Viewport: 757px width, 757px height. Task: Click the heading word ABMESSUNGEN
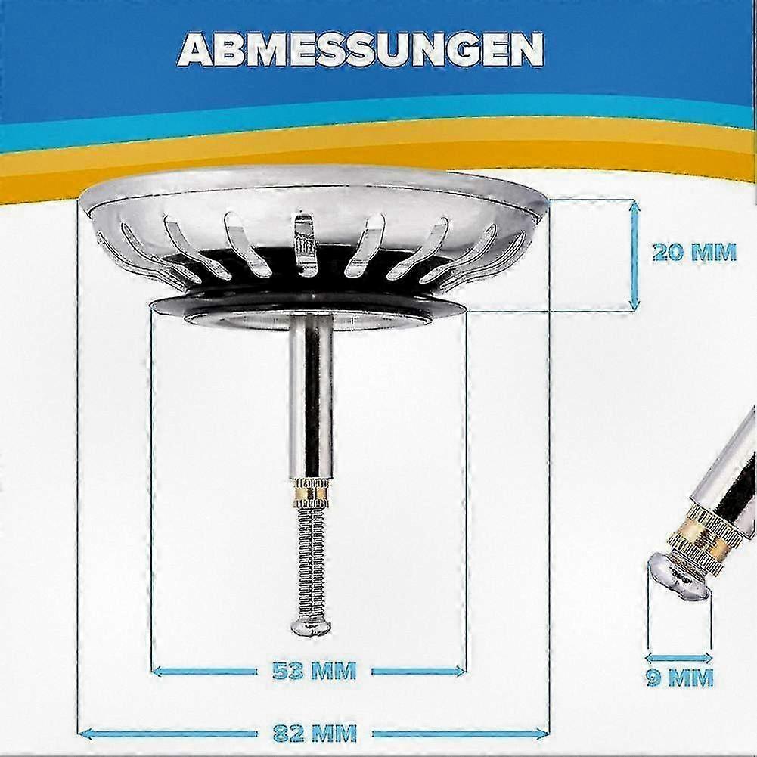coord(360,50)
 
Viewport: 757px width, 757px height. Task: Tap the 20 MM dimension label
coord(694,253)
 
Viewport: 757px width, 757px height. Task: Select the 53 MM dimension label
coord(315,671)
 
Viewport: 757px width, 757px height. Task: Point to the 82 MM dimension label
coord(315,734)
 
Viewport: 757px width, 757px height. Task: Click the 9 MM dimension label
coord(680,678)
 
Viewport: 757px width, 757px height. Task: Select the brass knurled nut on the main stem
coord(312,492)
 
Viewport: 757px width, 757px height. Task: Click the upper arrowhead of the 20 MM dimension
coord(635,206)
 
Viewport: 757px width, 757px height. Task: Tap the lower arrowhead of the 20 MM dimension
coord(635,302)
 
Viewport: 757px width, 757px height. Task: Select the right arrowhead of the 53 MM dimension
coord(458,671)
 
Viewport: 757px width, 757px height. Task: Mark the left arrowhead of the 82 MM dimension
coord(86,734)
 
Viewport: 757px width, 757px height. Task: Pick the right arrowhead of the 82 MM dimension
coord(541,734)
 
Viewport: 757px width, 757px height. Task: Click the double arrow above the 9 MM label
coord(679,657)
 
